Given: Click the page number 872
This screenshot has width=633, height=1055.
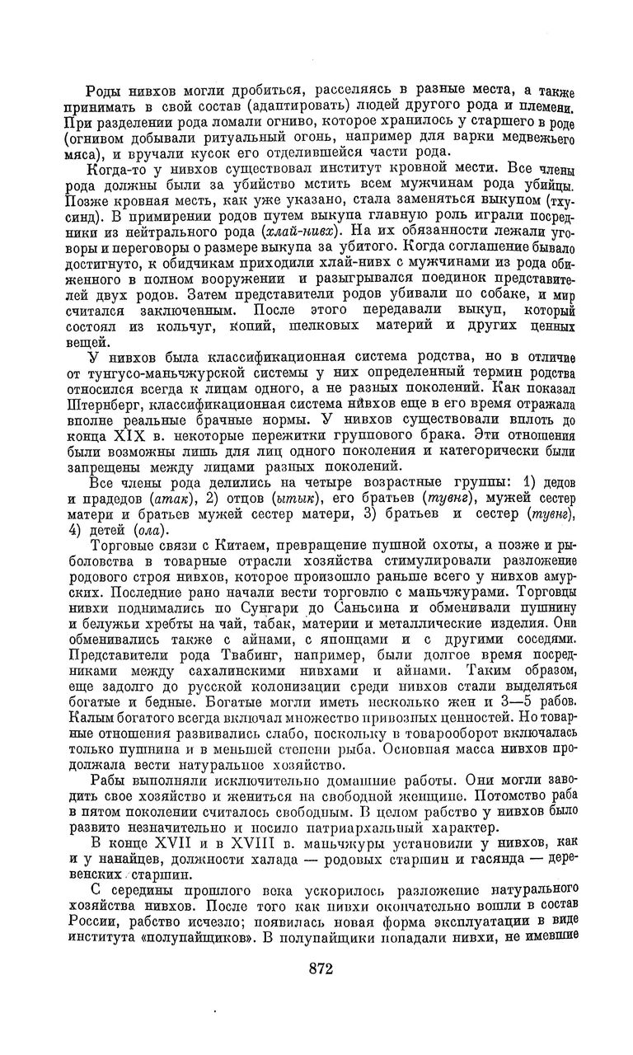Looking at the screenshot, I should [316, 969].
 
